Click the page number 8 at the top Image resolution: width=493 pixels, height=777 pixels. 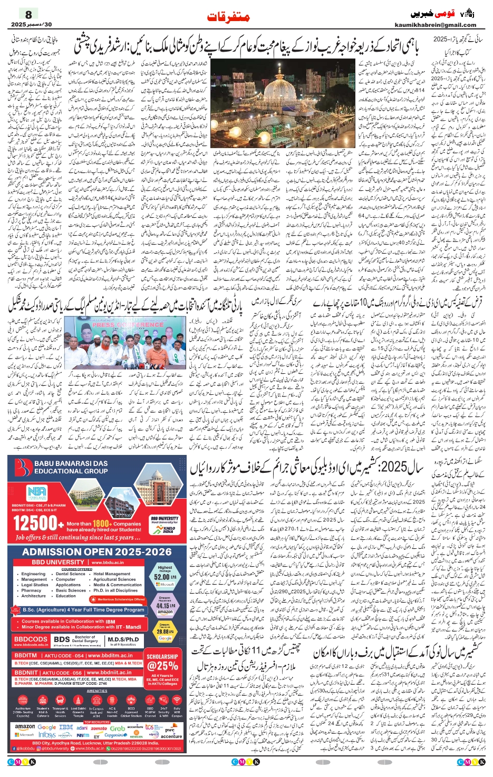[28, 14]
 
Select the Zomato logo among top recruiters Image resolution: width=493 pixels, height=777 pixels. [99, 728]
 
